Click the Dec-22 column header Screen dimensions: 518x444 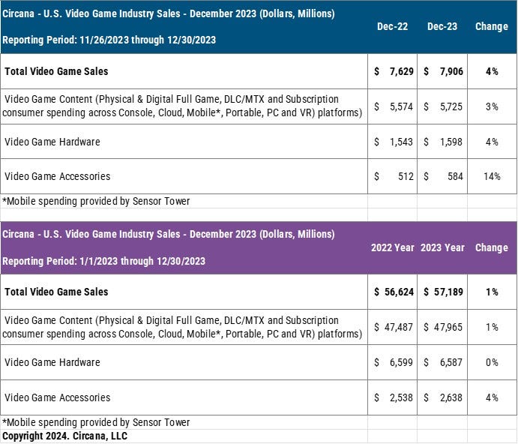(x=393, y=26)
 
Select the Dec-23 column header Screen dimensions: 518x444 (x=442, y=26)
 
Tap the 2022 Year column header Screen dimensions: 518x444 (x=393, y=247)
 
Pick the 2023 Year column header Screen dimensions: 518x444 (x=443, y=247)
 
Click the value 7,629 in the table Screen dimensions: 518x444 (x=401, y=71)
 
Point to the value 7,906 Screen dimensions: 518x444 (x=451, y=71)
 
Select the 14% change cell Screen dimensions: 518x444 (x=492, y=176)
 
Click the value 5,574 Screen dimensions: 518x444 (x=401, y=106)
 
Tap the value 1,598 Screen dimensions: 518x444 (x=451, y=142)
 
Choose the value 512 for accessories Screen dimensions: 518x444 (x=406, y=176)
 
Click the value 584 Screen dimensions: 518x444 (x=455, y=176)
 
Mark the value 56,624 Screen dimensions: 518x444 (x=399, y=292)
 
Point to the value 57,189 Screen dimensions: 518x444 (x=448, y=292)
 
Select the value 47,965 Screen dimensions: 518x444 (x=448, y=327)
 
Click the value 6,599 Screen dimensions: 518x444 (x=401, y=362)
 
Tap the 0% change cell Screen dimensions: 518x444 (x=492, y=362)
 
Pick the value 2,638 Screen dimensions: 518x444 (x=451, y=397)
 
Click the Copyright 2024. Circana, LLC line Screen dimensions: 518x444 (x=64, y=436)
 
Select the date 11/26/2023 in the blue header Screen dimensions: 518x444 (x=104, y=40)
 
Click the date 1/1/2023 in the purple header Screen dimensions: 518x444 (x=98, y=261)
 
